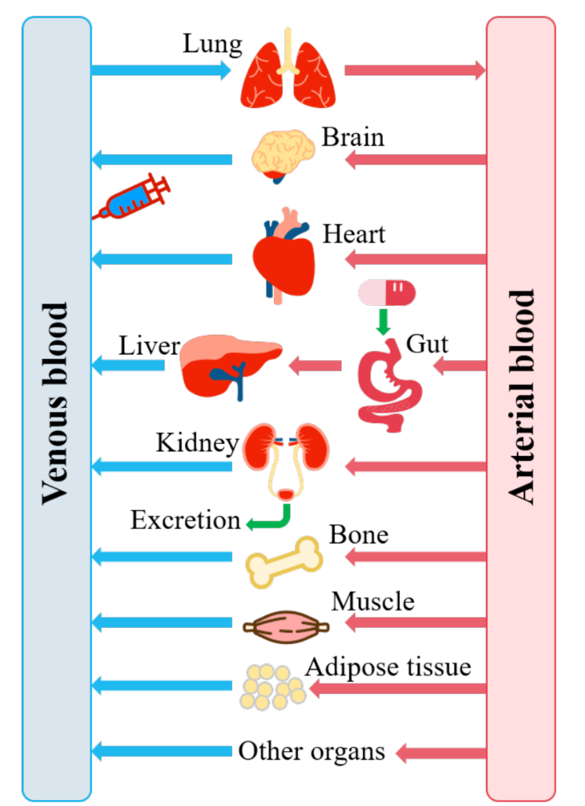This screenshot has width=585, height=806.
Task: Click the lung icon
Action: pyautogui.click(x=288, y=71)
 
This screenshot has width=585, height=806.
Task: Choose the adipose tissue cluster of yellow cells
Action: pyautogui.click(x=272, y=687)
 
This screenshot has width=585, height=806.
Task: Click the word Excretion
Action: pyautogui.click(x=185, y=521)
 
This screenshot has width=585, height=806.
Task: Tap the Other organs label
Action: pyautogui.click(x=311, y=752)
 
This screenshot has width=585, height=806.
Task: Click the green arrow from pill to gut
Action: pyautogui.click(x=384, y=321)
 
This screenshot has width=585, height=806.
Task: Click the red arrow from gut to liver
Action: pyautogui.click(x=315, y=367)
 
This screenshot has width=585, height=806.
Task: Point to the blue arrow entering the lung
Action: pyautogui.click(x=160, y=71)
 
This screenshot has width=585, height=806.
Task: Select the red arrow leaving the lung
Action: pyautogui.click(x=415, y=71)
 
